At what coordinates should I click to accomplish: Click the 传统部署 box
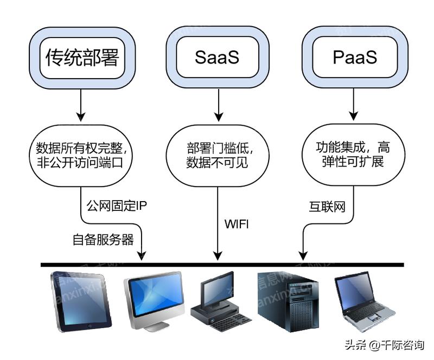[81, 57]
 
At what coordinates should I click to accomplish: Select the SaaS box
[217, 57]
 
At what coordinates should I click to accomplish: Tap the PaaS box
[354, 57]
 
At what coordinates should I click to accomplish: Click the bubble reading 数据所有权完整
[81, 155]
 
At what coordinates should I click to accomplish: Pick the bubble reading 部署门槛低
[217, 155]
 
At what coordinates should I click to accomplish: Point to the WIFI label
[237, 223]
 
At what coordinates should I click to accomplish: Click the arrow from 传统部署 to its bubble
[81, 105]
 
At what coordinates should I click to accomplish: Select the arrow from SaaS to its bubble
[218, 105]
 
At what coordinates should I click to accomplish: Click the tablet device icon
[81, 301]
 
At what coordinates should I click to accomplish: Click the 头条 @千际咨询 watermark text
[382, 345]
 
